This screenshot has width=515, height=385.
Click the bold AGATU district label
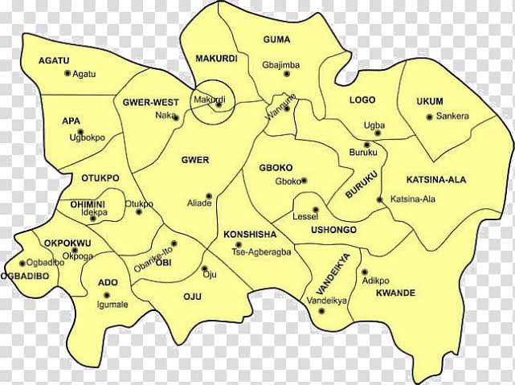[54, 60]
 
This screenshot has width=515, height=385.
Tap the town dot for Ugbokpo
[79, 131]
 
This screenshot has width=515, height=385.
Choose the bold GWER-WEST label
[150, 102]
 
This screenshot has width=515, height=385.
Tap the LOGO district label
[362, 100]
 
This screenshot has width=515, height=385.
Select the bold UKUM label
[430, 101]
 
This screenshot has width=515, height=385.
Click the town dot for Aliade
[209, 195]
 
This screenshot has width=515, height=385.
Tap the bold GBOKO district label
[279, 168]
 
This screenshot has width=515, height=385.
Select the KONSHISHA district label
[249, 235]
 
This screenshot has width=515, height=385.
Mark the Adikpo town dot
[364, 272]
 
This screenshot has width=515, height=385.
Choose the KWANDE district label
[395, 293]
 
